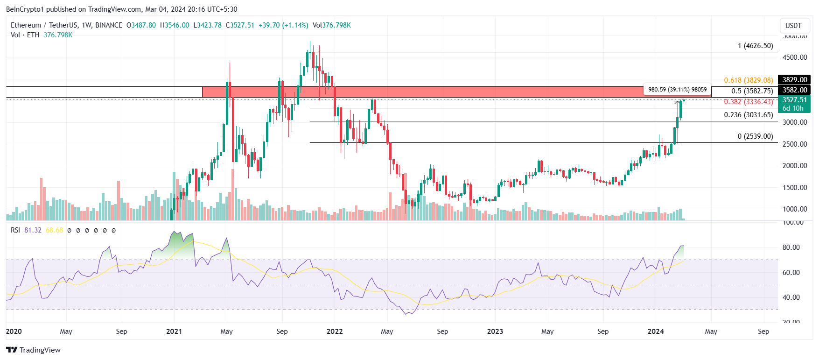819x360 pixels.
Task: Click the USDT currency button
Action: [x=793, y=26]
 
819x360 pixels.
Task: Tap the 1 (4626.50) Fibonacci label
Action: [x=755, y=46]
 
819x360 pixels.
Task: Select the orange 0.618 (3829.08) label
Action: [x=748, y=80]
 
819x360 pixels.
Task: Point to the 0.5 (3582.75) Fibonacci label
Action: [x=752, y=91]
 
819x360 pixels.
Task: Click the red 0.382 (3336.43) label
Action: [x=748, y=102]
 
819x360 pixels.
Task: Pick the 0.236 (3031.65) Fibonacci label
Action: [x=748, y=115]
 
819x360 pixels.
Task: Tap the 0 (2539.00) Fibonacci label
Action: [x=755, y=136]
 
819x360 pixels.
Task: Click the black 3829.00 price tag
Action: [x=794, y=80]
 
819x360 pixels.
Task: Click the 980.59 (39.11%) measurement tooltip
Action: [x=677, y=90]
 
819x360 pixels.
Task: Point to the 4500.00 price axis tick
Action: [x=795, y=57]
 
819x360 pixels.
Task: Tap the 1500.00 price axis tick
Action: [x=795, y=188]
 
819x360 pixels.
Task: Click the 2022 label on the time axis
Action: [x=335, y=332]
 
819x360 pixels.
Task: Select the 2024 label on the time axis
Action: [x=656, y=332]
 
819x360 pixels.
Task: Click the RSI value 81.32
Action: [x=33, y=230]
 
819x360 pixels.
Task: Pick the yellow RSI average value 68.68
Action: [x=54, y=230]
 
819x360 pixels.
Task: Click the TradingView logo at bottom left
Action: [x=34, y=350]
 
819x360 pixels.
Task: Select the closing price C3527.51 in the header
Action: [x=240, y=25]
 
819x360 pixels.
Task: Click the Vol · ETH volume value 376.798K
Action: [x=58, y=35]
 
